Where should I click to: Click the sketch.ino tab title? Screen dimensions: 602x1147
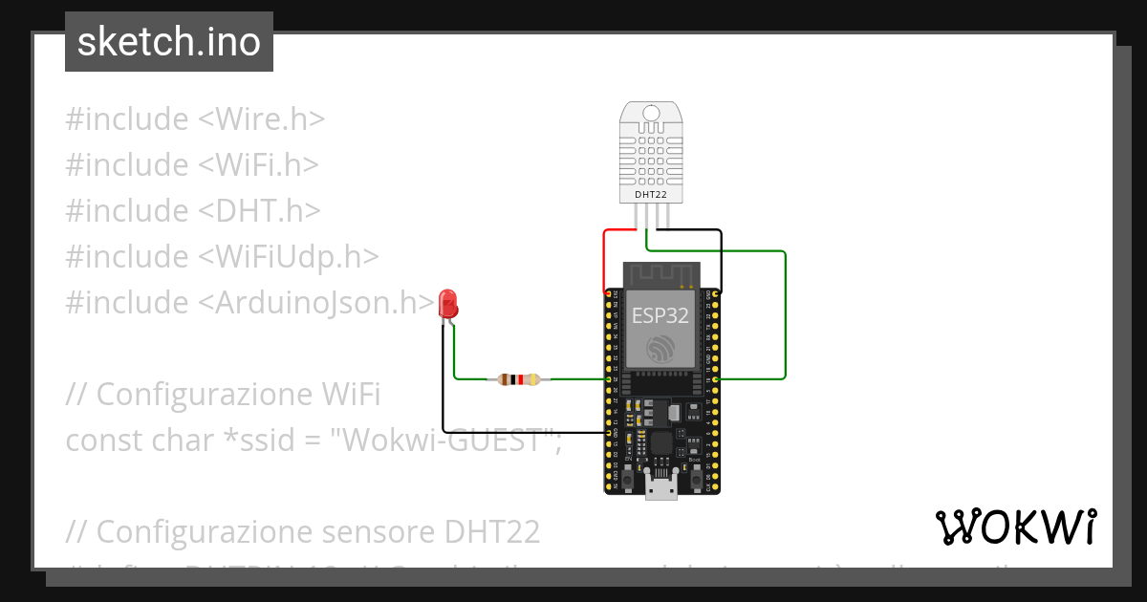(168, 42)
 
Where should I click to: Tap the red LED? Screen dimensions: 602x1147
(447, 304)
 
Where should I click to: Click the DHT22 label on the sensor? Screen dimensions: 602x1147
(651, 195)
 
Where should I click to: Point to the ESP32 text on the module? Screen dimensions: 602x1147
(660, 317)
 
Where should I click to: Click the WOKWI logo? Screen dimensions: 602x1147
(1014, 527)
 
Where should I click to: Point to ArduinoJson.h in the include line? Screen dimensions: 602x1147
(315, 302)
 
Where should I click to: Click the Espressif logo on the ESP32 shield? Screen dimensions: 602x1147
(660, 349)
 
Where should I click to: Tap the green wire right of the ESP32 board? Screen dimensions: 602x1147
(785, 315)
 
